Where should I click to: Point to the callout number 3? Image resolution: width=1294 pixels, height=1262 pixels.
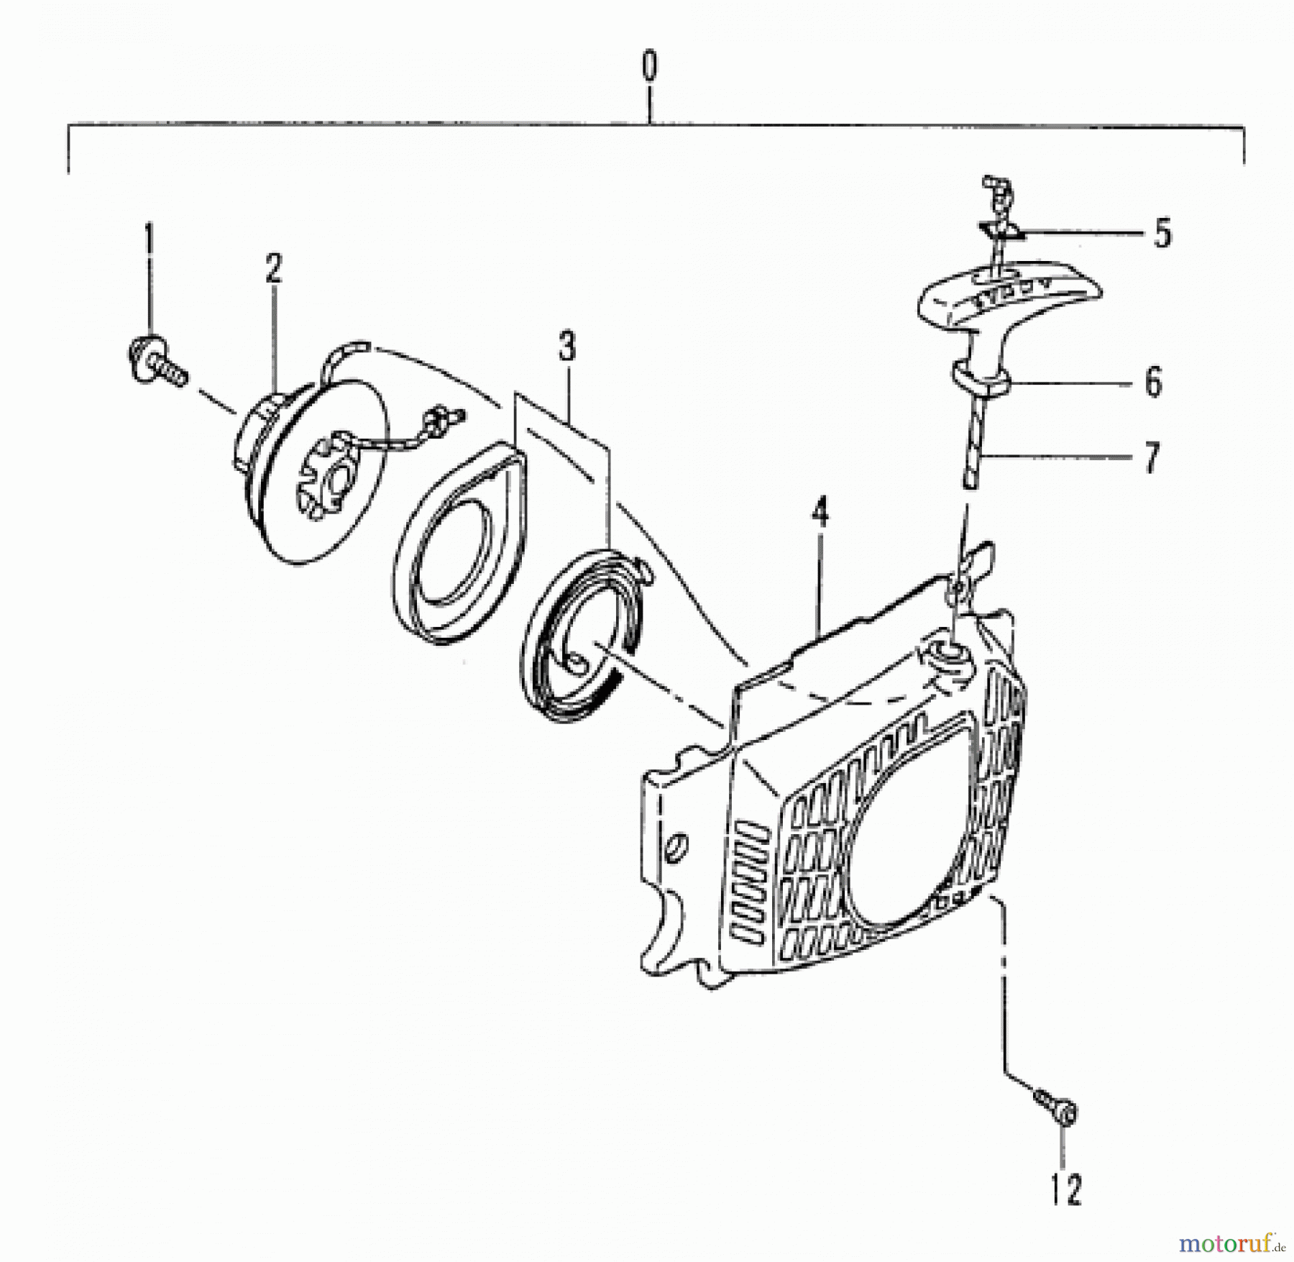click(567, 348)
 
